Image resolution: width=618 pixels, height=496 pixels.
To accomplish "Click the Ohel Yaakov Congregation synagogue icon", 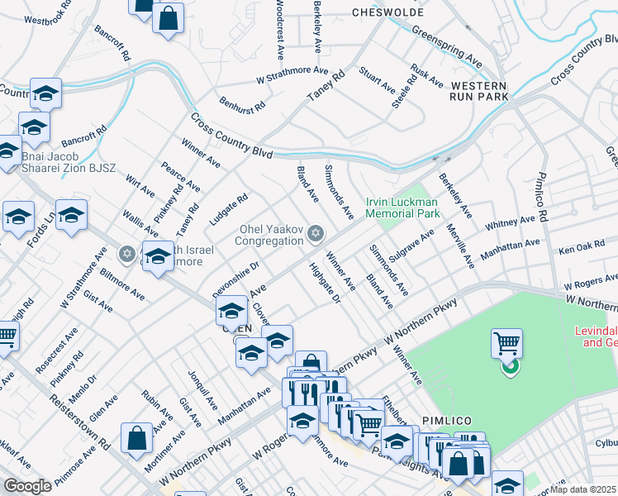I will pos(314,235).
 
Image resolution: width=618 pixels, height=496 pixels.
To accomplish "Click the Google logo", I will pos(27,486).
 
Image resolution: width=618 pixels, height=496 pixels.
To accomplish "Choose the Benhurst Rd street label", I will pos(242,103).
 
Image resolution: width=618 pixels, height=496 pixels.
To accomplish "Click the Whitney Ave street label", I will pos(511,224).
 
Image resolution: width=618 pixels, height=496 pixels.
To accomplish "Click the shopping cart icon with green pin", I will pos(506,349).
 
